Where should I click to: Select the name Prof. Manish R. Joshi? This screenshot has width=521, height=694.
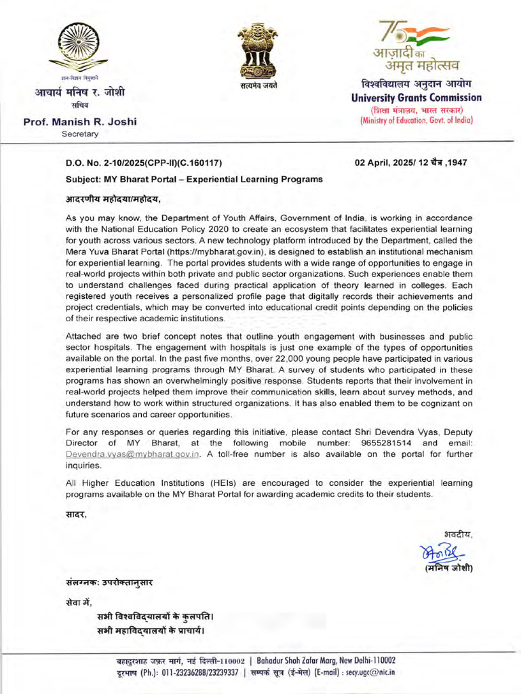(x=80, y=122)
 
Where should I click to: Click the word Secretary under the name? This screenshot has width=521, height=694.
(x=80, y=134)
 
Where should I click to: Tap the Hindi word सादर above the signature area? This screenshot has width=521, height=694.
(x=76, y=513)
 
